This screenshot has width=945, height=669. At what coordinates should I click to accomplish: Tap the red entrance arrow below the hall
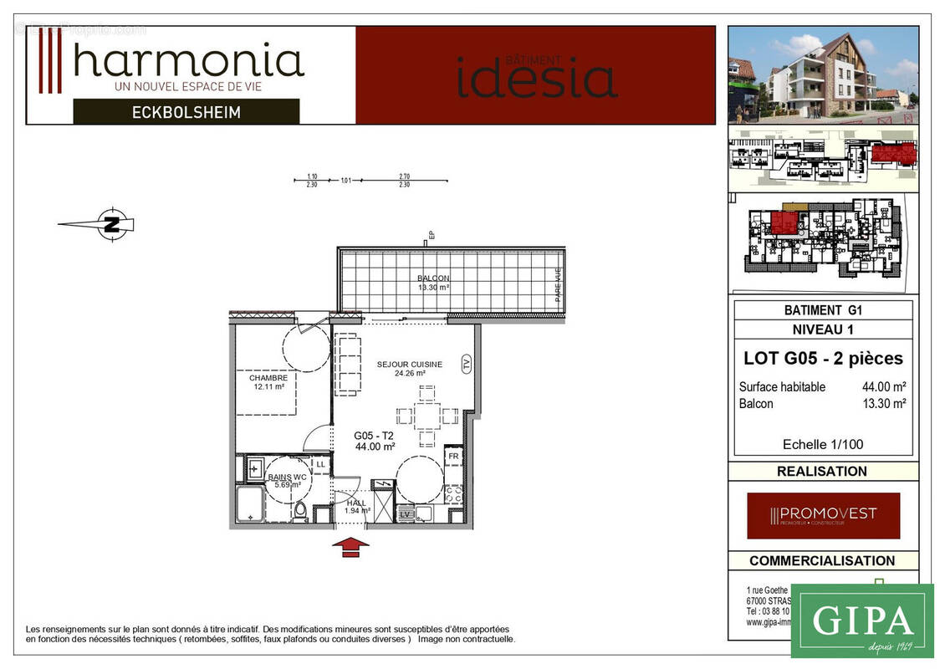pos(350,547)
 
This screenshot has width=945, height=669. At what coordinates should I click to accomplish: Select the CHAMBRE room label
pos(268,382)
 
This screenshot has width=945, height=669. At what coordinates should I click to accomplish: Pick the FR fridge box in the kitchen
pos(453,457)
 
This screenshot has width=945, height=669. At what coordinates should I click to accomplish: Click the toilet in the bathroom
pos(300,509)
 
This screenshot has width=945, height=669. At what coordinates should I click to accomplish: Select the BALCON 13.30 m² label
pos(433,283)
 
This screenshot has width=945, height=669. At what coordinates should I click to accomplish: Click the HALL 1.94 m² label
pos(357,507)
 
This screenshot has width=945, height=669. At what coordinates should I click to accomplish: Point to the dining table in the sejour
pos(427,416)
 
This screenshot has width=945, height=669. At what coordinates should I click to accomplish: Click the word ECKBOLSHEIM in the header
pos(186,112)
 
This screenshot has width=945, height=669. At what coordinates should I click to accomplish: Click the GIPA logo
pos(861,620)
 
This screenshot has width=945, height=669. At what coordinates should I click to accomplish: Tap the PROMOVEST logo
pos(823,515)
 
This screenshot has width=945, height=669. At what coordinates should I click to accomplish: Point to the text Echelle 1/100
pos(822,444)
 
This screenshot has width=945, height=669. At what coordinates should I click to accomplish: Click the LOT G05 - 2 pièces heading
pos(823,359)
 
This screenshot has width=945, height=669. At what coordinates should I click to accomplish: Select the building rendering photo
pos(823,74)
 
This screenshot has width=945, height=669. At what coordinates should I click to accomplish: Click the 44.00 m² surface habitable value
pos(884,387)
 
